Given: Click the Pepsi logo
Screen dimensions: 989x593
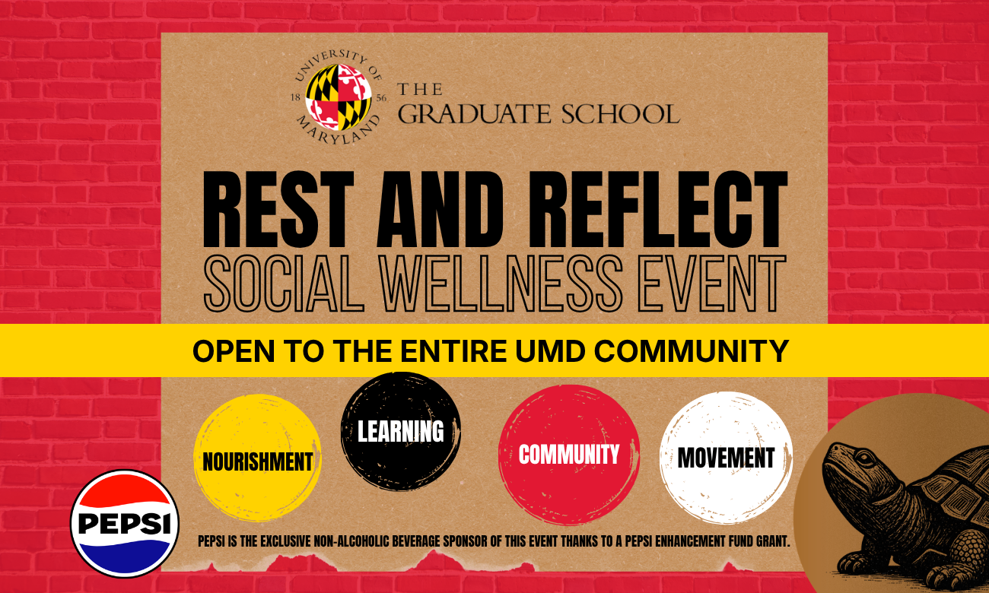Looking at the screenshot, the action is (125, 523).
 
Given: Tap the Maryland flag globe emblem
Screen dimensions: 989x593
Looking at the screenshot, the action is (339, 97).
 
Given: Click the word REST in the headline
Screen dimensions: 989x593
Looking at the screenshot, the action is (278, 209).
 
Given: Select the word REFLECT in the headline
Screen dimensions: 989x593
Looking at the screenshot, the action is (658, 209).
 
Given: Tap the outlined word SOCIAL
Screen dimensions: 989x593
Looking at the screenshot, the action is (284, 284).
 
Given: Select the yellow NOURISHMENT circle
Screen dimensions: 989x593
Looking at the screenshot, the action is (257, 458).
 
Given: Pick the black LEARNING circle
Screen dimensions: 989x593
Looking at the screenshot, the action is (400, 431).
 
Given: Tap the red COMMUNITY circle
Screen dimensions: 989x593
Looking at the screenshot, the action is (569, 455).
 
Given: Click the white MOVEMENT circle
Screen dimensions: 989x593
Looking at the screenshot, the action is (726, 458).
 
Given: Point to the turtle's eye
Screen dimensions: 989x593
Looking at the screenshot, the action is (866, 458).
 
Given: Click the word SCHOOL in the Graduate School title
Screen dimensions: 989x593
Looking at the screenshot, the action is (620, 114).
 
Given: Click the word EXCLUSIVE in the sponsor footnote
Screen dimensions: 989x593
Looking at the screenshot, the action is (287, 541).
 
